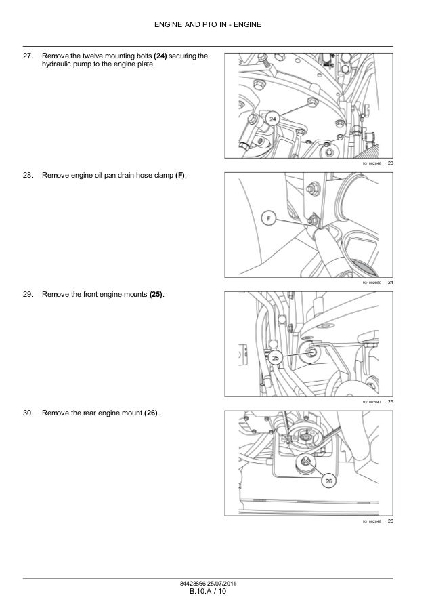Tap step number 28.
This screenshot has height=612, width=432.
pyautogui.click(x=28, y=176)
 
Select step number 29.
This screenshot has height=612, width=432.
pyautogui.click(x=28, y=296)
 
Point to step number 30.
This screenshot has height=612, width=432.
pyautogui.click(x=28, y=413)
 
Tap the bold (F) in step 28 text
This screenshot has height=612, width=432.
pyautogui.click(x=181, y=176)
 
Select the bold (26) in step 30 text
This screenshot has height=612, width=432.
pyautogui.click(x=152, y=413)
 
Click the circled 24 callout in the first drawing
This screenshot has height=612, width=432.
pyautogui.click(x=273, y=119)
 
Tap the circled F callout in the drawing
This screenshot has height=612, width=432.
pyautogui.click(x=268, y=219)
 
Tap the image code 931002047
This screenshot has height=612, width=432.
pyautogui.click(x=372, y=403)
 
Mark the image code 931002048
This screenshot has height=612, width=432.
pyautogui.click(x=372, y=521)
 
